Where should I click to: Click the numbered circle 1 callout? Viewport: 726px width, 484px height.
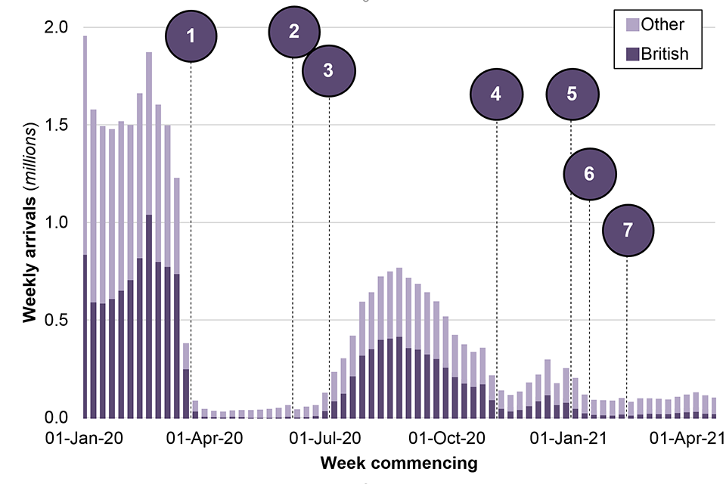coord(191,35)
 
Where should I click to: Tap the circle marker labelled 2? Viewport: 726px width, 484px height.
coord(294,31)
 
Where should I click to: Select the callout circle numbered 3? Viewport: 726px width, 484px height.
coord(328,70)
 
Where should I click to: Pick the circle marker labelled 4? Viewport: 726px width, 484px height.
coord(496,95)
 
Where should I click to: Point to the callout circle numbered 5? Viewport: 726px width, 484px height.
coord(572,94)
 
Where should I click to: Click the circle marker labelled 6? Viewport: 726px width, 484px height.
coord(590,174)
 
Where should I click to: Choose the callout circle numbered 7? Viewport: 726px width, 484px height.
coord(628,231)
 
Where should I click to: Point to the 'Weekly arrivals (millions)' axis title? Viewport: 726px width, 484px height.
coord(29,222)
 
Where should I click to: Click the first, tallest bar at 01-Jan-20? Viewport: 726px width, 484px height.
coord(85,227)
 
